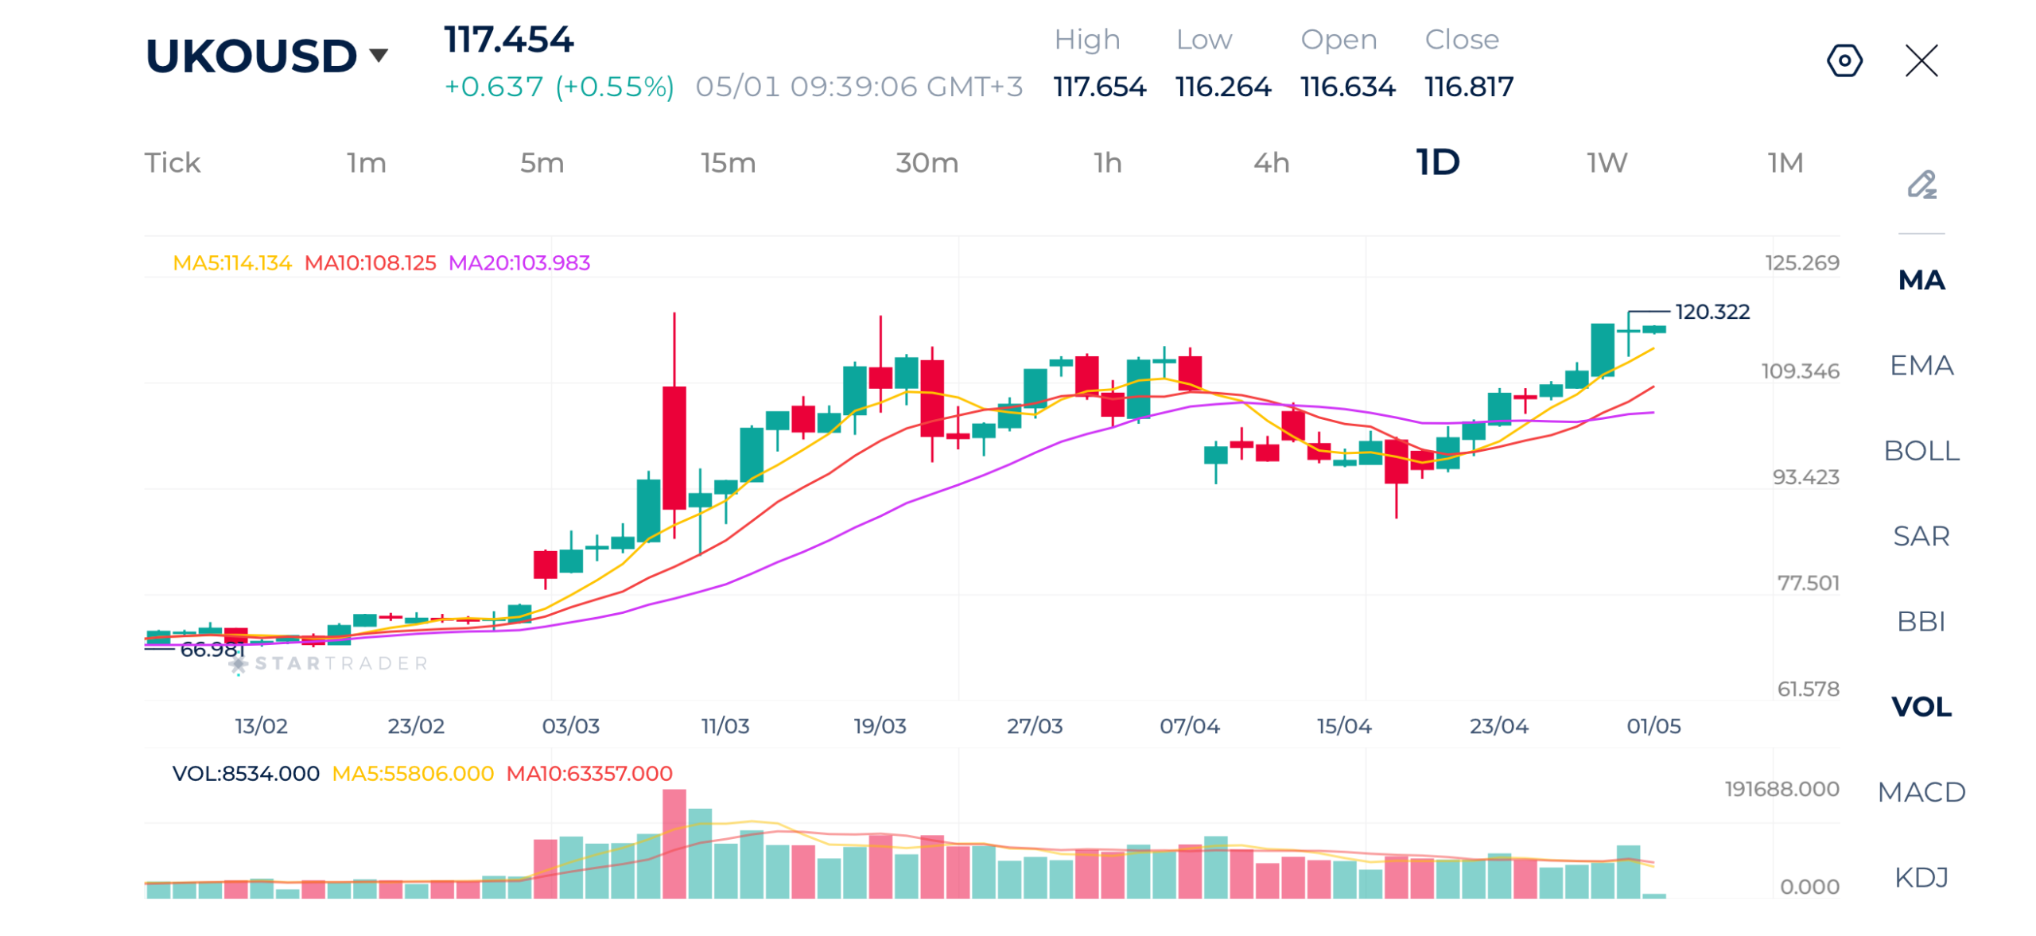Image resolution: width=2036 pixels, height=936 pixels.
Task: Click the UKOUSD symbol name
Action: coord(251,56)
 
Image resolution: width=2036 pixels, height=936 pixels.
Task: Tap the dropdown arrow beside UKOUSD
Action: coord(379,55)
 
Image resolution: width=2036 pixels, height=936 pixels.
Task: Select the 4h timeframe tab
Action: coord(1271,163)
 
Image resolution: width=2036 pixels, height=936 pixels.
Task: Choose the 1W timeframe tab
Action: coord(1607,163)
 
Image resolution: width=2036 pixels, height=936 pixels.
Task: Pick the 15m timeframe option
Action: coord(728,163)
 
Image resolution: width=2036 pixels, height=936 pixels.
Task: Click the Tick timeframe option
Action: coord(172,163)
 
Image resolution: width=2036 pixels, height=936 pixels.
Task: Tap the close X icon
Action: coord(1921,60)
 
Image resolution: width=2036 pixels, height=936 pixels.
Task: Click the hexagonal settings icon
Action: coord(1844,60)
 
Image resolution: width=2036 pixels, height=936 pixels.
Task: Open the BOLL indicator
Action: coord(1921,451)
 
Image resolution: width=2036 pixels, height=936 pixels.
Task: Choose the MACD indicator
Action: coord(1921,792)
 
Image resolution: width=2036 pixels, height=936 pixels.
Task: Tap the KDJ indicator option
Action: coord(1921,877)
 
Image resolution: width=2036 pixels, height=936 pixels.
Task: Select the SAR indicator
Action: coord(1921,536)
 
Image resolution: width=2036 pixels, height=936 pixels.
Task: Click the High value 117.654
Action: coord(1099,87)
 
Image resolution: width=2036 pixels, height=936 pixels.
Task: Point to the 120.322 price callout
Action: coord(1712,312)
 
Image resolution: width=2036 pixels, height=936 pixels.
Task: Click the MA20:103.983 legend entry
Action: coord(519,262)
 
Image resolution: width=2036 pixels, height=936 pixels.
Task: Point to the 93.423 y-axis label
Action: coord(1805,477)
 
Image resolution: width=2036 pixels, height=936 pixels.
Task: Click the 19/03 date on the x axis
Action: coord(880,726)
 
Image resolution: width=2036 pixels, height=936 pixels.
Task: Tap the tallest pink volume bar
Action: coord(674,844)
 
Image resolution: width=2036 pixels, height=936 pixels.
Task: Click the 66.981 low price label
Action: coord(212,650)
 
